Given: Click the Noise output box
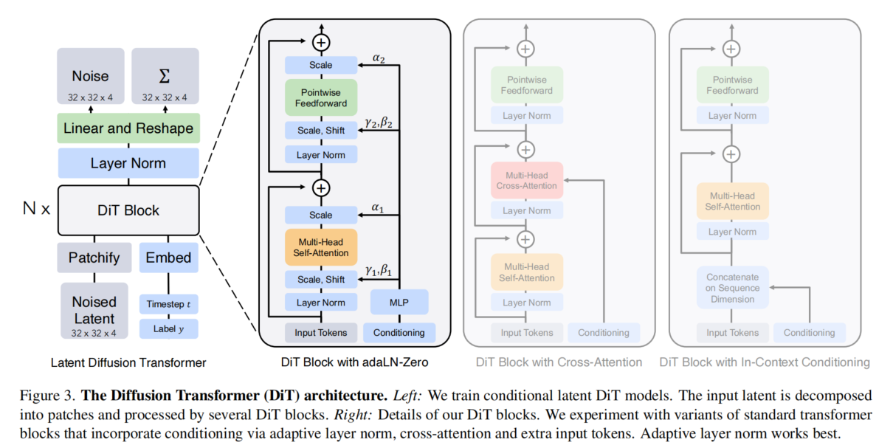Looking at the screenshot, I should tap(91, 77).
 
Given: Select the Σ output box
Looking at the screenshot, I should tap(165, 77).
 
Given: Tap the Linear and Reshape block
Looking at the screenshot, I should tap(128, 128).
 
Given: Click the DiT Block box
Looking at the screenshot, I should tap(128, 210).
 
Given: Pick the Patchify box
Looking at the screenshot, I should tap(94, 258).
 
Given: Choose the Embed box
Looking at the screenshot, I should tap(168, 258).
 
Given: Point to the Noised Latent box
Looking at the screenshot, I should tap(94, 311).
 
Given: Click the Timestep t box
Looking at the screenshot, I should tap(168, 304).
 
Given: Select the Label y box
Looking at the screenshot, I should tap(168, 329).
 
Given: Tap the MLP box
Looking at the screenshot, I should tap(399, 303).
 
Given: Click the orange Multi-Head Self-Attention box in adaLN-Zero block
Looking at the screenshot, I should tap(320, 247).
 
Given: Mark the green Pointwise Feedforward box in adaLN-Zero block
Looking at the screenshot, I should tap(320, 97).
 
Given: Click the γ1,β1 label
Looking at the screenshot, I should tap(379, 270).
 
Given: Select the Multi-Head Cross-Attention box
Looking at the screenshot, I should tap(526, 180).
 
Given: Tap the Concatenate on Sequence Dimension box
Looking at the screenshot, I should tap(731, 288).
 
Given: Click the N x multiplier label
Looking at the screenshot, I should tap(36, 209).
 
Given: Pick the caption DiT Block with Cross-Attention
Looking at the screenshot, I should tap(558, 362).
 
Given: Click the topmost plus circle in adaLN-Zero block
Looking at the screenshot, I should tap(321, 43).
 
